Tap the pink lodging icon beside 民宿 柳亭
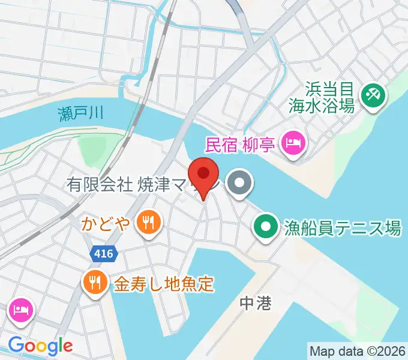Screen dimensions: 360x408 pyautogui.click(x=293, y=143)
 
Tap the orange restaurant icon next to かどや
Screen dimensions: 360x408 pyautogui.click(x=147, y=223)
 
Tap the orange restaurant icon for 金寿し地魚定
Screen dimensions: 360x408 pyautogui.click(x=94, y=282)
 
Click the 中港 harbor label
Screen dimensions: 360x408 pyautogui.click(x=255, y=303)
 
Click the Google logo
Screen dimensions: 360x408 pyautogui.click(x=40, y=346)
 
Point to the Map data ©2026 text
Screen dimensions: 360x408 pyautogui.click(x=358, y=350)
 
